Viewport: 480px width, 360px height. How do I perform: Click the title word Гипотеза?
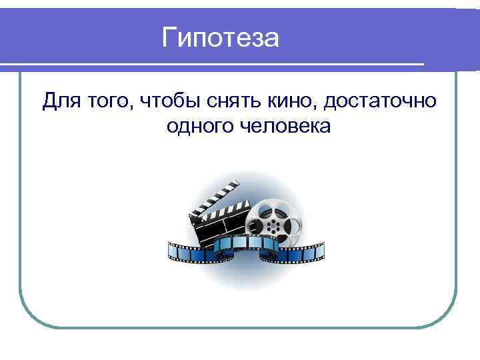(221, 37)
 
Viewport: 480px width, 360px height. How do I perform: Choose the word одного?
(197, 125)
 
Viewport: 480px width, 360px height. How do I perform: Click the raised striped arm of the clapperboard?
(213, 196)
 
